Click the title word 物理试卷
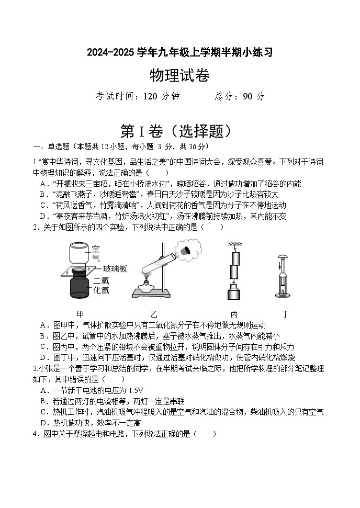click(x=179, y=76)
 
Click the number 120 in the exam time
click(x=149, y=96)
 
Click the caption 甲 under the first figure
click(x=80, y=314)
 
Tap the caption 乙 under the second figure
click(x=154, y=314)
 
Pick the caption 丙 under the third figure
click(x=233, y=314)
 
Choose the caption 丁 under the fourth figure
click(x=285, y=314)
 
